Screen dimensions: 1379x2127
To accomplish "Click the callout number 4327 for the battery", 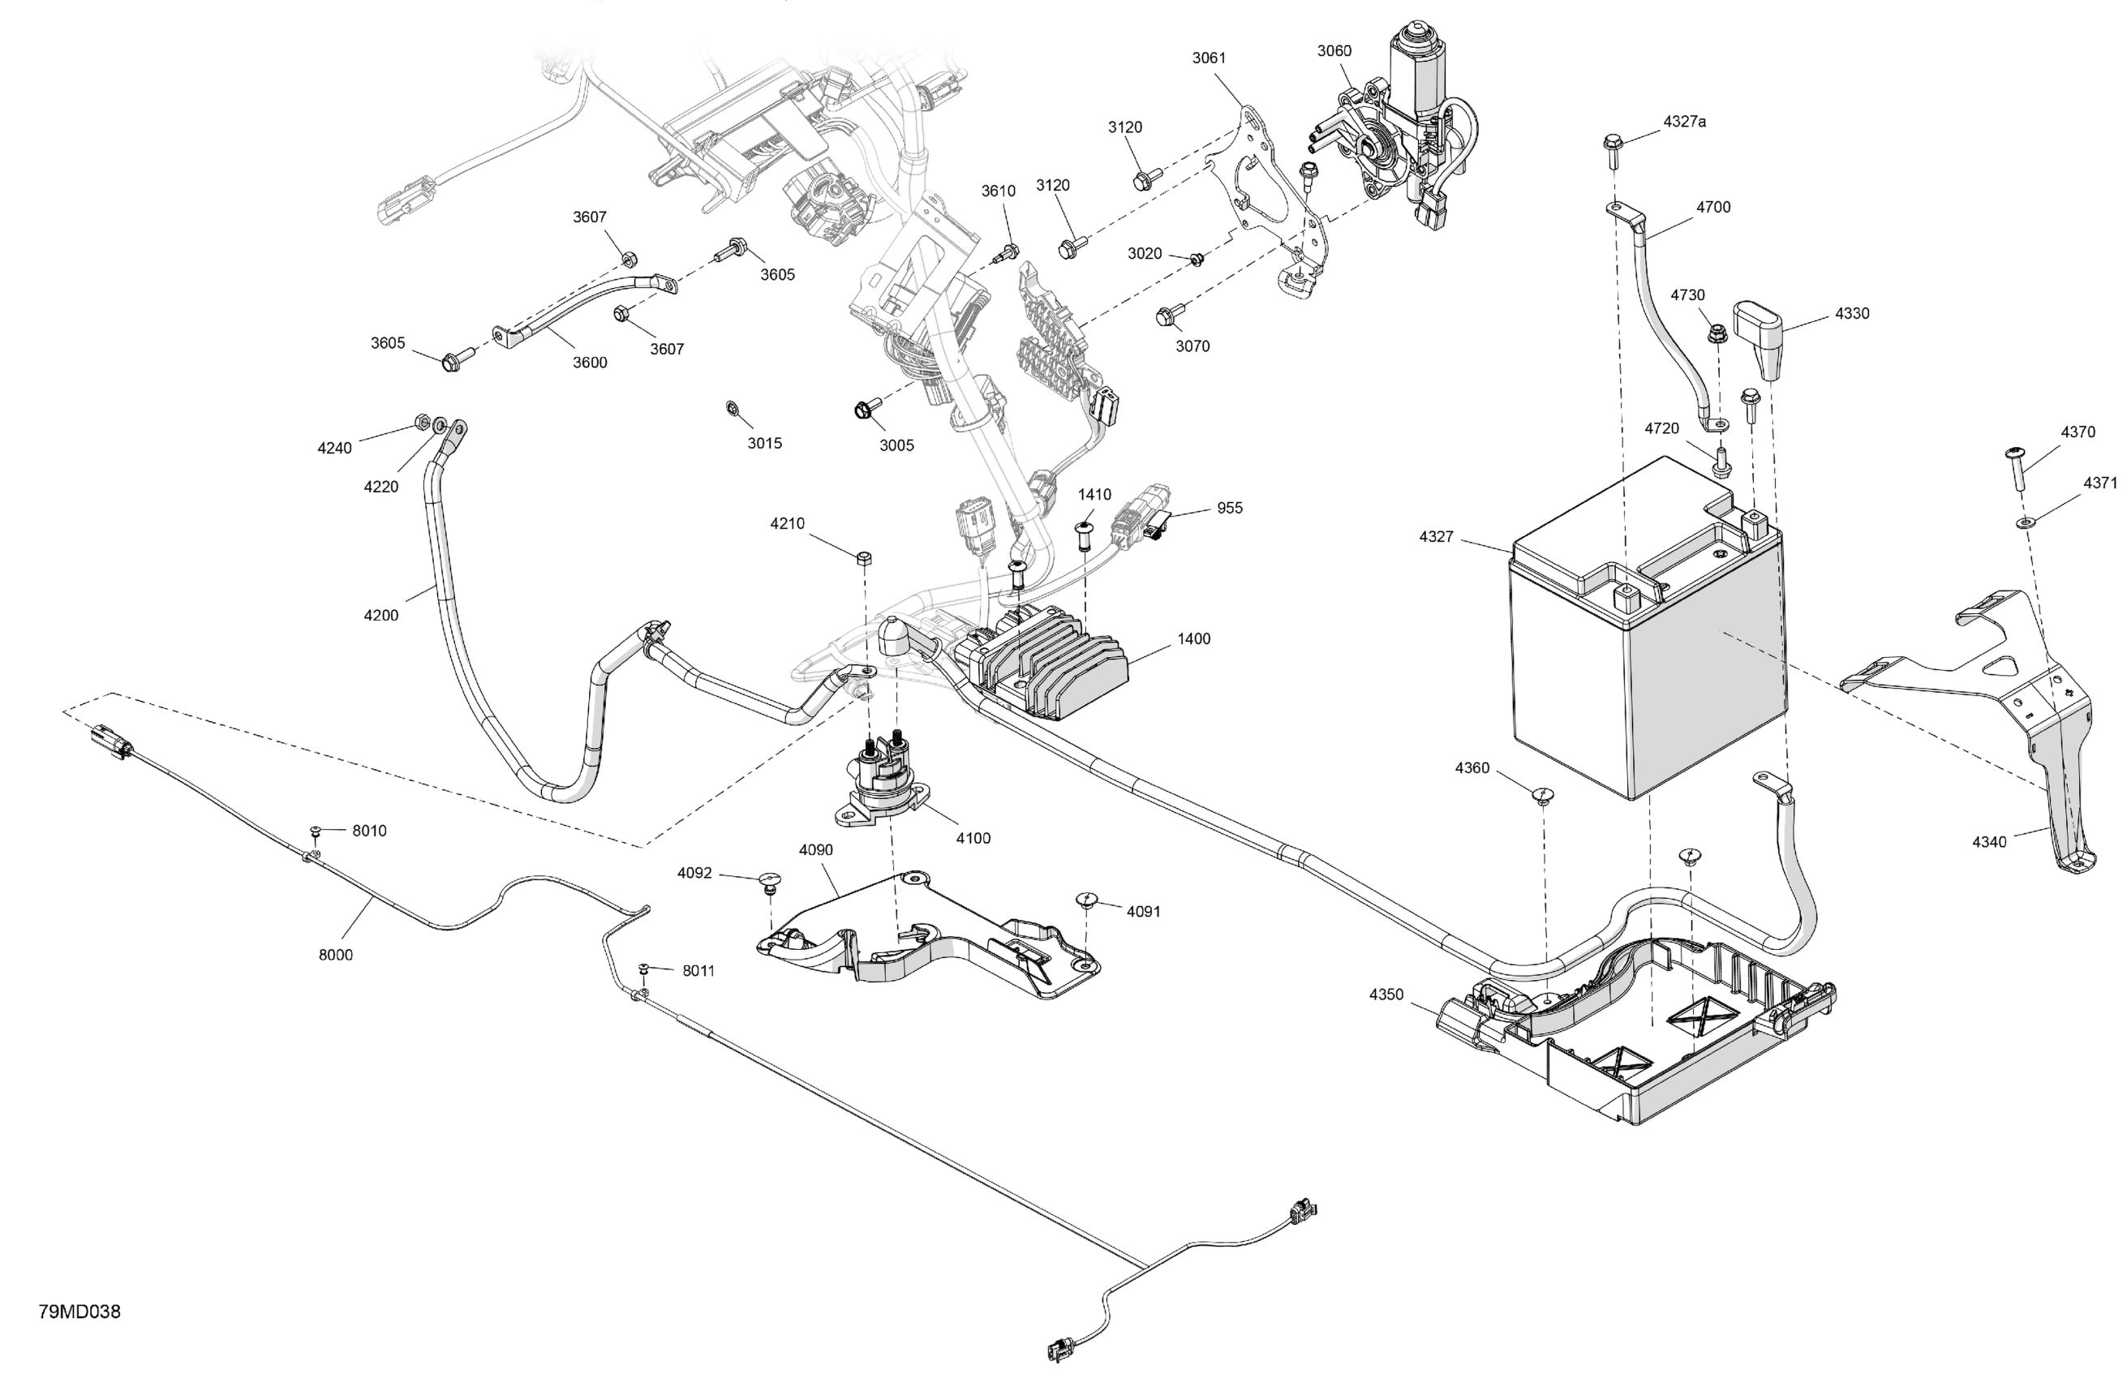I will point(1436,537).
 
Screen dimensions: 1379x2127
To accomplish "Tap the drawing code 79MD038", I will point(79,1312).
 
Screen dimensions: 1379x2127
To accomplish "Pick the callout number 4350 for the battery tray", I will point(1386,995).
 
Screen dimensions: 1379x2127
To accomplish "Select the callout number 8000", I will point(336,956).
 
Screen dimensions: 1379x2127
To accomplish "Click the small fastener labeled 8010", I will point(316,832).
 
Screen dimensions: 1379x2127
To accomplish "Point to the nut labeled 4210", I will point(863,560).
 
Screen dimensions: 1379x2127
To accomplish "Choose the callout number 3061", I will point(1210,58).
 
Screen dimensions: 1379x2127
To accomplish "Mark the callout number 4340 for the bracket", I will point(1989,842).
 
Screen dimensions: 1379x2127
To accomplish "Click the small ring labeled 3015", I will point(731,408).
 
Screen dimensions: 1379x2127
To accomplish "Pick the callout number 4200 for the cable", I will point(380,615).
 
